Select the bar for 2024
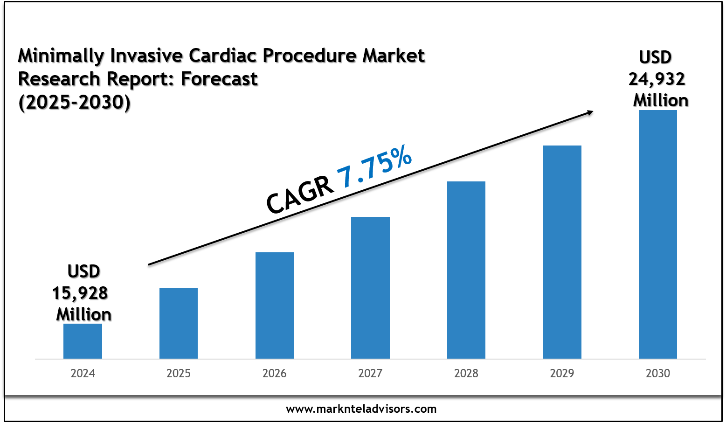click(x=83, y=341)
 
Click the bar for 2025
click(x=179, y=323)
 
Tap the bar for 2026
click(x=275, y=305)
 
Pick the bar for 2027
click(x=370, y=288)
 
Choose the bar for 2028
click(x=466, y=270)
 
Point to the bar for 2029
click(x=562, y=252)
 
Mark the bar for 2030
click(x=658, y=234)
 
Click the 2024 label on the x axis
click(x=83, y=374)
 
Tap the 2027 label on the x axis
click(x=370, y=374)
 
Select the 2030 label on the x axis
click(x=658, y=374)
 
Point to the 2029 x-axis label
click(x=562, y=374)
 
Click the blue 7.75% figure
click(x=375, y=167)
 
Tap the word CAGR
click(x=299, y=195)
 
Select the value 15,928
click(x=80, y=293)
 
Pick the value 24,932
click(x=657, y=79)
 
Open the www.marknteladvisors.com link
click(x=361, y=409)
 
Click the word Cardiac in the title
click(x=222, y=55)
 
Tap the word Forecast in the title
click(x=219, y=79)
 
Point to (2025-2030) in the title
click(x=75, y=102)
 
